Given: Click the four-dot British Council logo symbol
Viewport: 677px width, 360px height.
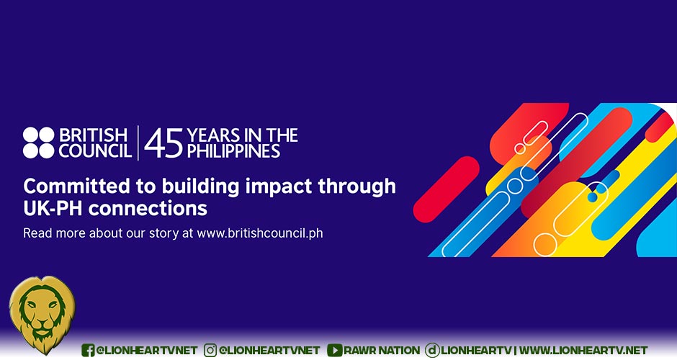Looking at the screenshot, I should (38, 143).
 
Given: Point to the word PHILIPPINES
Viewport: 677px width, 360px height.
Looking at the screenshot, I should (233, 151).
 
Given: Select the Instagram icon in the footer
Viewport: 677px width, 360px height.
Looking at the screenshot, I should (211, 350).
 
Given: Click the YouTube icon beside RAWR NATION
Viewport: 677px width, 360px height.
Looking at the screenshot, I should (334, 350).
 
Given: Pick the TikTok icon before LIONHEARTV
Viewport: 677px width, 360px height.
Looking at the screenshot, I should (432, 350).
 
